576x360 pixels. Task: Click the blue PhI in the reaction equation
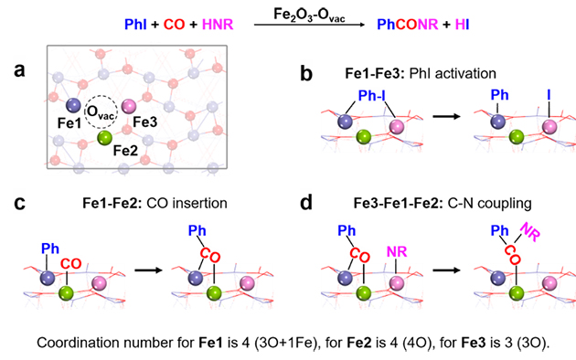[135, 25]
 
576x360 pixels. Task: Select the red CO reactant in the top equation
[174, 25]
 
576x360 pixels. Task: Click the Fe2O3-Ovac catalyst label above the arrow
[309, 15]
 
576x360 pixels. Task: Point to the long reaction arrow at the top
[309, 25]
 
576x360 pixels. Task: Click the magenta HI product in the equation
[462, 25]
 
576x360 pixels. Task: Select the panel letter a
[19, 69]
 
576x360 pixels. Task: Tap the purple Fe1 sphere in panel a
[73, 105]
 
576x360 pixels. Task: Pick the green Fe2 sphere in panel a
[105, 138]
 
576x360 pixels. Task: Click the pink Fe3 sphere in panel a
[129, 106]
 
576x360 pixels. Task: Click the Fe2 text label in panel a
[125, 151]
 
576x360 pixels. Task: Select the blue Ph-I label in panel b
[372, 95]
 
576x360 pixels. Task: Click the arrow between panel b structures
[446, 117]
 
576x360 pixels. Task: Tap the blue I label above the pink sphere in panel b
[549, 95]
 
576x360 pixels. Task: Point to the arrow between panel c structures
[148, 270]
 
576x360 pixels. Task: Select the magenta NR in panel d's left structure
[397, 252]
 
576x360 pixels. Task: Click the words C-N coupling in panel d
[489, 203]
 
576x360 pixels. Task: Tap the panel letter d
[306, 203]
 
